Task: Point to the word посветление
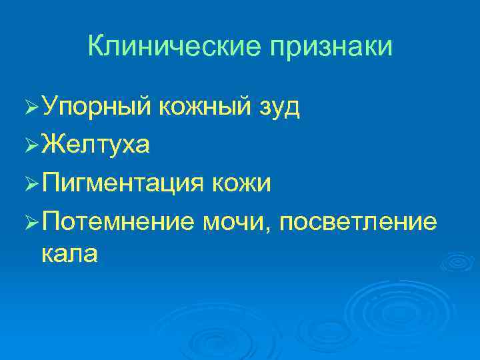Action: [x=359, y=221]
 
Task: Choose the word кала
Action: [x=70, y=253]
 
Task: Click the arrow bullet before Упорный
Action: [x=28, y=107]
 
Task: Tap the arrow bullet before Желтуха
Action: [x=28, y=145]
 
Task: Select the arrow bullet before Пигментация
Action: [x=28, y=183]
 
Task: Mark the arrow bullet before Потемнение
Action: [x=28, y=221]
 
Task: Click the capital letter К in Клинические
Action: [x=95, y=47]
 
